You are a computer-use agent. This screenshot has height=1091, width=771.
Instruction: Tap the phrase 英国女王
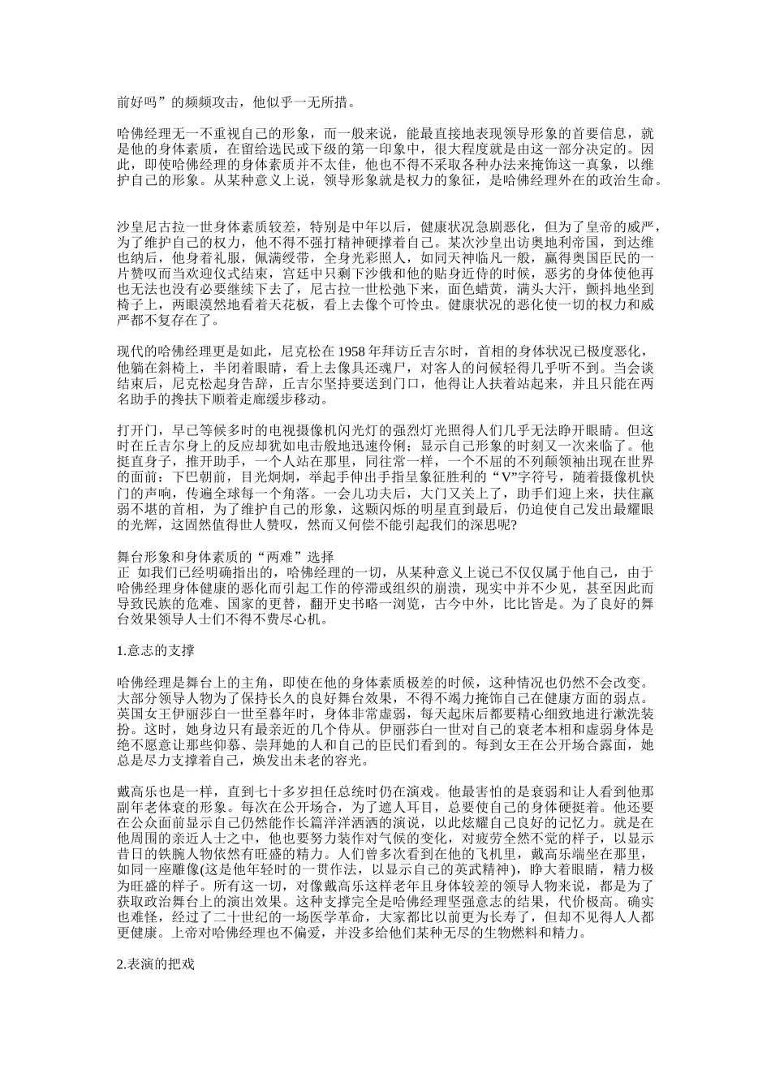144,712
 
